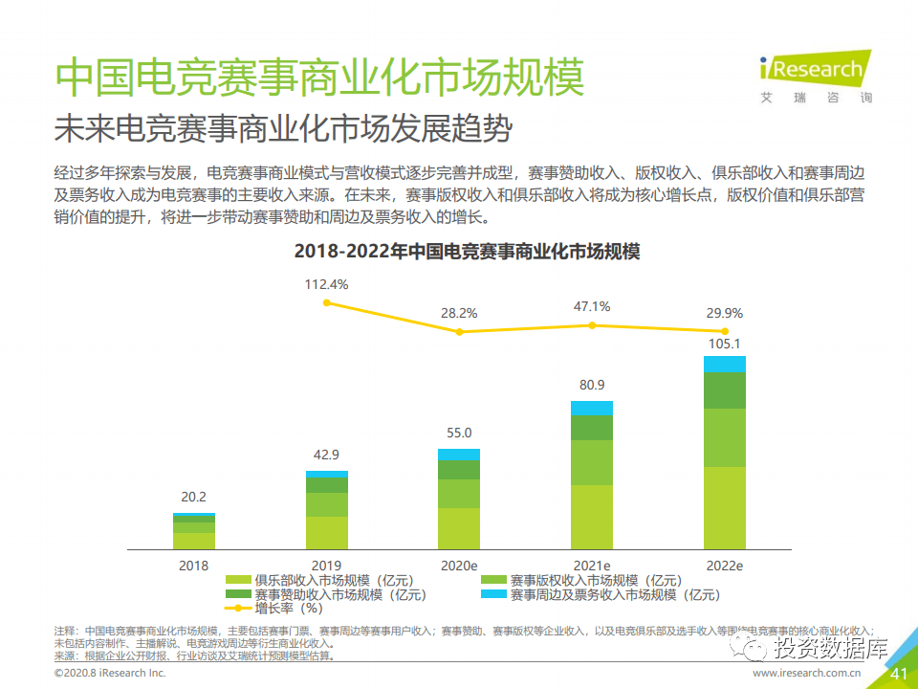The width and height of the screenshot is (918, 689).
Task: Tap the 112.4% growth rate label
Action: tap(326, 284)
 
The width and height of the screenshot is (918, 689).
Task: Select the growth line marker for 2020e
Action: tap(459, 332)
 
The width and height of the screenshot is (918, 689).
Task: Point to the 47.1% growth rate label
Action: tap(592, 307)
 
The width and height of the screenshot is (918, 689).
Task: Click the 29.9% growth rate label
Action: tap(724, 314)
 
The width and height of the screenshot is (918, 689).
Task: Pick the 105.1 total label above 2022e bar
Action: tap(724, 344)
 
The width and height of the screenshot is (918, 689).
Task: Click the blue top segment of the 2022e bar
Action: tap(724, 364)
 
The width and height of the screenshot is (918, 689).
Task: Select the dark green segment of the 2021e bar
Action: tap(592, 428)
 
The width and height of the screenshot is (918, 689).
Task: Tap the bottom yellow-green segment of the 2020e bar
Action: tap(459, 528)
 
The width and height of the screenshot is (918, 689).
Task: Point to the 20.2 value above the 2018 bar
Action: tap(194, 498)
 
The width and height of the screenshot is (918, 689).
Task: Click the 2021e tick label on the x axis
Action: tap(592, 566)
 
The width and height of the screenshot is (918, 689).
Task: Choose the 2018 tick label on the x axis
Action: tap(194, 566)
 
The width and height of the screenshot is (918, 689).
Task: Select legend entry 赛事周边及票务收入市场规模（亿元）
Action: tap(612, 594)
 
